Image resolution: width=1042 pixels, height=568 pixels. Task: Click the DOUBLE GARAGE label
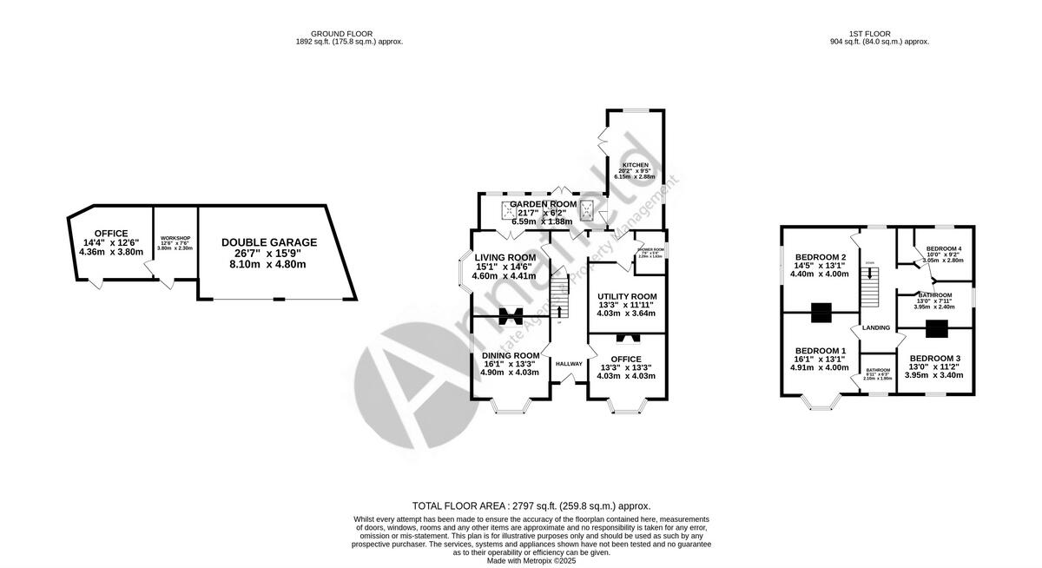(x=268, y=242)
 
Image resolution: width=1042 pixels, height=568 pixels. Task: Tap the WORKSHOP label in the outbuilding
(x=175, y=237)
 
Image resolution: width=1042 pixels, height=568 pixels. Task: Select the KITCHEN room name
(x=634, y=164)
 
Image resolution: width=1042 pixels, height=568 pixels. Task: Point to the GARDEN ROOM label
(x=543, y=203)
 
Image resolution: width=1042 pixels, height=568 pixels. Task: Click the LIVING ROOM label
(x=505, y=257)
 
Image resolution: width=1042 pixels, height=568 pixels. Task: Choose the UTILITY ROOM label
(x=626, y=296)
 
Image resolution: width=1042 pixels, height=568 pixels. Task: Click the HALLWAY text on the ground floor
(x=569, y=364)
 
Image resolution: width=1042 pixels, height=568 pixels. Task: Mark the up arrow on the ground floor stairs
(x=558, y=311)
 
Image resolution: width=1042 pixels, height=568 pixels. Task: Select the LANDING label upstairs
(x=876, y=327)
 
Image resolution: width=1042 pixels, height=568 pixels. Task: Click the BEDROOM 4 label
(x=944, y=249)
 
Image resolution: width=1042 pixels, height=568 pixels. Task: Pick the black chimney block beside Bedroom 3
(x=936, y=328)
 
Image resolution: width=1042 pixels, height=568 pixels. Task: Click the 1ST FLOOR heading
(x=879, y=34)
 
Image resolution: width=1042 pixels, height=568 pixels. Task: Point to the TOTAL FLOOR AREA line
(x=531, y=505)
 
